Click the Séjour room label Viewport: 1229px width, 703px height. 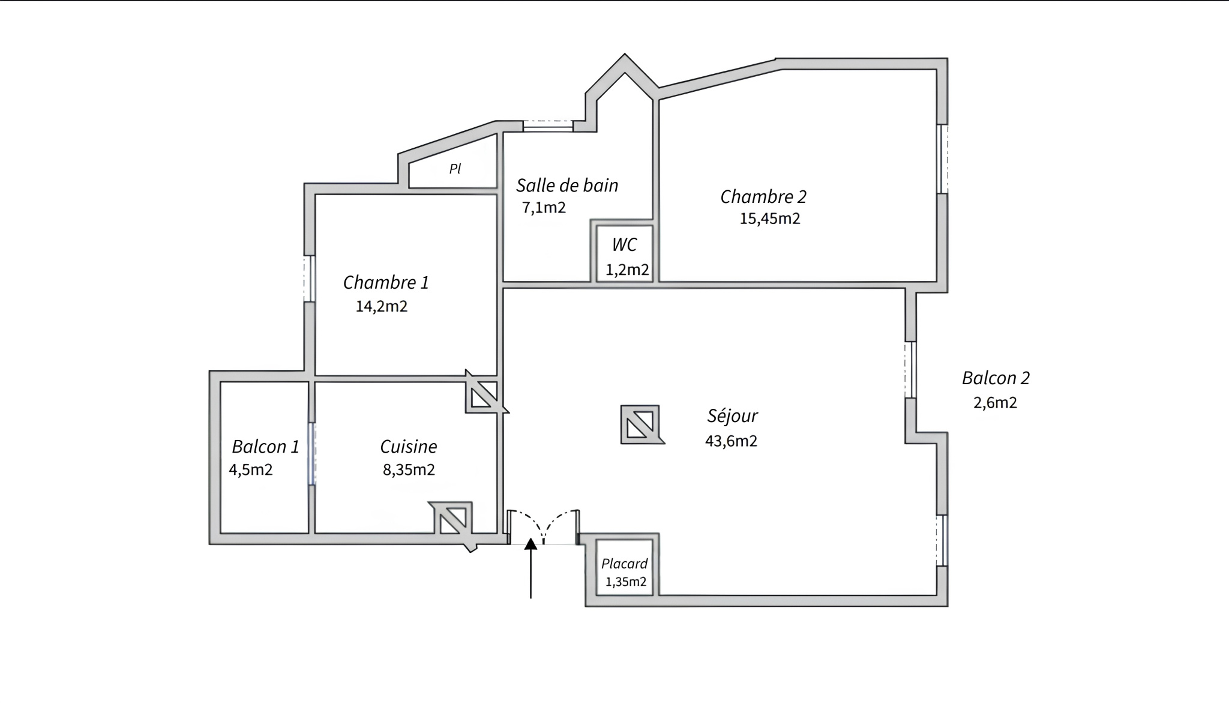pos(732,416)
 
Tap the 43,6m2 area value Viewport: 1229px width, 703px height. pos(731,441)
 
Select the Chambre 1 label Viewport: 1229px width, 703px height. pos(386,282)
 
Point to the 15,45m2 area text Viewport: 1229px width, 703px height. pos(770,219)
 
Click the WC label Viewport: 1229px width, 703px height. pos(624,245)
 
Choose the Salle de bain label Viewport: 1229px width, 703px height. pos(567,186)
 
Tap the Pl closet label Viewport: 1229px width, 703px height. pos(455,169)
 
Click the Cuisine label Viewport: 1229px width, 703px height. pos(409,447)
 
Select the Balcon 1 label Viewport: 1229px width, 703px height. pos(265,447)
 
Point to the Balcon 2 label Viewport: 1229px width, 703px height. pos(996,378)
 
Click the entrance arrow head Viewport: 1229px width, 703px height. pos(530,544)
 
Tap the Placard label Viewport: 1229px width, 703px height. pos(624,564)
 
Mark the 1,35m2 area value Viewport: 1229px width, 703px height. pos(626,582)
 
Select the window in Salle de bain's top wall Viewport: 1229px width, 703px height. pos(548,126)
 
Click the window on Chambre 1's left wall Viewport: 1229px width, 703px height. pos(309,279)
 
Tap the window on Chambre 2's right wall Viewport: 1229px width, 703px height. pos(943,159)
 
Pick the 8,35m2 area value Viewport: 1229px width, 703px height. pos(409,470)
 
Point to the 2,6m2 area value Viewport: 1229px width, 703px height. pos(995,403)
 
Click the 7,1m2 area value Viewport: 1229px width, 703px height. pos(544,208)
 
